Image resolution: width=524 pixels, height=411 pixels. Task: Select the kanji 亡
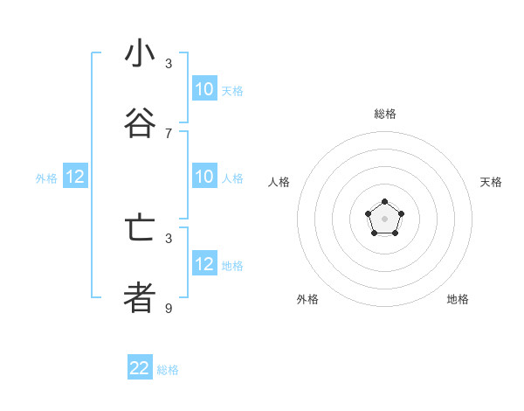[140, 228]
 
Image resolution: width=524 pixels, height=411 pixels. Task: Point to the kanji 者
[140, 297]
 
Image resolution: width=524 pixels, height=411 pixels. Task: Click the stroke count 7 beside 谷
[169, 133]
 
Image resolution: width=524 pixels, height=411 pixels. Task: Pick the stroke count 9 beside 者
[169, 308]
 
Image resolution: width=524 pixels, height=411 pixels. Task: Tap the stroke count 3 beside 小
[169, 64]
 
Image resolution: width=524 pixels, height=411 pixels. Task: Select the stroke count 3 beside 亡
[169, 238]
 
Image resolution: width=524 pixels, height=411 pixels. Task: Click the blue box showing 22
[140, 368]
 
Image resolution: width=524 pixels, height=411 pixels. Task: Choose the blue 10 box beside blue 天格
[204, 89]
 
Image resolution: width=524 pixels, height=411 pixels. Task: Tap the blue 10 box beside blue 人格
[204, 177]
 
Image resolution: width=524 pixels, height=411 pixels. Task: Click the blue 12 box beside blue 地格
[204, 264]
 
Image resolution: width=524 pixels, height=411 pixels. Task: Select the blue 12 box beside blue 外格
[75, 177]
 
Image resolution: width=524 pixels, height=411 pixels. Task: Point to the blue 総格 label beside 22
[168, 370]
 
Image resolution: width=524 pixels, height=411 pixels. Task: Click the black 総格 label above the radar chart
[384, 114]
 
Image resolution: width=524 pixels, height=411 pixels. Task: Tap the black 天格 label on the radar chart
[492, 182]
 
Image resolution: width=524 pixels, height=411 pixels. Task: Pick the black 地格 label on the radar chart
[458, 299]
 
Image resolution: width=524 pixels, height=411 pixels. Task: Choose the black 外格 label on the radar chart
[307, 299]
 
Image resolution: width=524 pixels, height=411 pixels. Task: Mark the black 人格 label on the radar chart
[279, 182]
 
